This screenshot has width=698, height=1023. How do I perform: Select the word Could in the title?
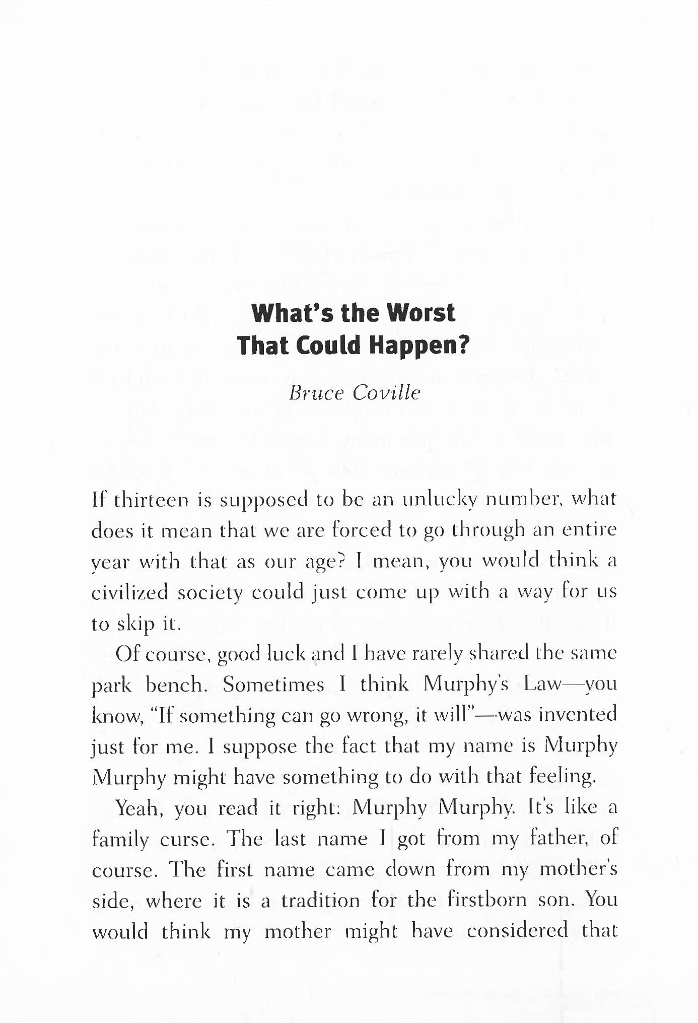pyautogui.click(x=328, y=346)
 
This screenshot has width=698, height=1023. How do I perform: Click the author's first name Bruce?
pyautogui.click(x=315, y=393)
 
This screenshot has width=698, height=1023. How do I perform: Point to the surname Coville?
pyautogui.click(x=386, y=393)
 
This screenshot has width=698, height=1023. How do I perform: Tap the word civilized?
pyautogui.click(x=129, y=592)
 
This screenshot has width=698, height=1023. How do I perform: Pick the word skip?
pyautogui.click(x=136, y=624)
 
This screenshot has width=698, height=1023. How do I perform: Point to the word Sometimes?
pyautogui.click(x=273, y=685)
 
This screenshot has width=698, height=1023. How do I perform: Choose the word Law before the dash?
pyautogui.click(x=542, y=684)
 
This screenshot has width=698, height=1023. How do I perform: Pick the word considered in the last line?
pyautogui.click(x=517, y=931)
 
